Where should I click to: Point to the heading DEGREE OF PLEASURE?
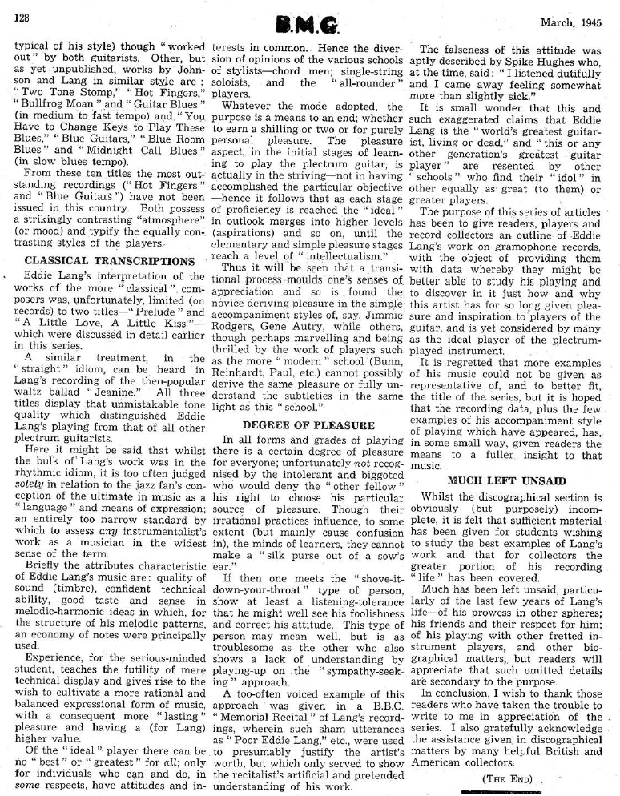coord(308,424)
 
